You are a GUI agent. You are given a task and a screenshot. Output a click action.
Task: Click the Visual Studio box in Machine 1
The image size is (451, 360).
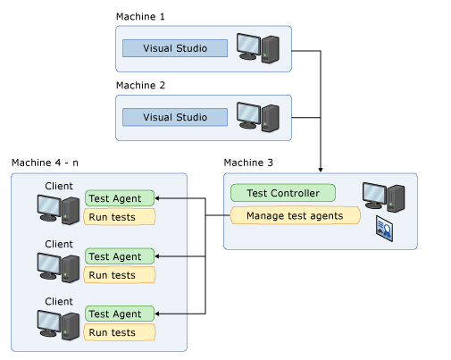175,48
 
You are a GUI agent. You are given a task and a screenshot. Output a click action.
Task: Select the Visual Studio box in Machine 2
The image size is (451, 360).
175,117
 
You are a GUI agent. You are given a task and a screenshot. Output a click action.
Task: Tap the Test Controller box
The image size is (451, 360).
283,193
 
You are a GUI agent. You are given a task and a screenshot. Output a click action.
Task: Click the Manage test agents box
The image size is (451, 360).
295,215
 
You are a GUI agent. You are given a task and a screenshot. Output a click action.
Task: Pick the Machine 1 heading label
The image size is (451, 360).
140,17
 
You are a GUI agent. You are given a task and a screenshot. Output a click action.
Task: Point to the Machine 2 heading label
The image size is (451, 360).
140,86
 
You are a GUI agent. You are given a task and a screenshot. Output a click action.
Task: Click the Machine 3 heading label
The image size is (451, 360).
248,163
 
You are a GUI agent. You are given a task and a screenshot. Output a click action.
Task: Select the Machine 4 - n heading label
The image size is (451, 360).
45,163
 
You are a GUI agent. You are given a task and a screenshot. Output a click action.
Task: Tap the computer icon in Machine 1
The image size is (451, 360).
258,48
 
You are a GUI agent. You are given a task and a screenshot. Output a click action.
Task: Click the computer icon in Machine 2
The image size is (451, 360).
258,117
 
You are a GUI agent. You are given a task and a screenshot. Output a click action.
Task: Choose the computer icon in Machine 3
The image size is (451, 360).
383,197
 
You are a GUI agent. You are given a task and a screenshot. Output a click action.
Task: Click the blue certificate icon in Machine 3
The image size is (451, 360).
384,229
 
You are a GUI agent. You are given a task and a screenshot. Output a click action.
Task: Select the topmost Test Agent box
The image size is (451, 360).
120,198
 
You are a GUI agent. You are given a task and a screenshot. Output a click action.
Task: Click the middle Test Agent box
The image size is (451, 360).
120,256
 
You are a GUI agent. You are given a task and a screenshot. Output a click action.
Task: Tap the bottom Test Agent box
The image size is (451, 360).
120,314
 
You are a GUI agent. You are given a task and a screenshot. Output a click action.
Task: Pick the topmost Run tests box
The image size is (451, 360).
120,217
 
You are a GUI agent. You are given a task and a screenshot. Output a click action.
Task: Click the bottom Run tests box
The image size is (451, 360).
120,332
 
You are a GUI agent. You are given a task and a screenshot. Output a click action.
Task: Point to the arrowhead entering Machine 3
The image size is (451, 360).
321,170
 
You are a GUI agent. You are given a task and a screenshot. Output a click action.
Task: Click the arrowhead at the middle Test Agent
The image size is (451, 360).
157,256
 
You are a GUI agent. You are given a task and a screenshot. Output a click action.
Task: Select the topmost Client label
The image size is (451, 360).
59,186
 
